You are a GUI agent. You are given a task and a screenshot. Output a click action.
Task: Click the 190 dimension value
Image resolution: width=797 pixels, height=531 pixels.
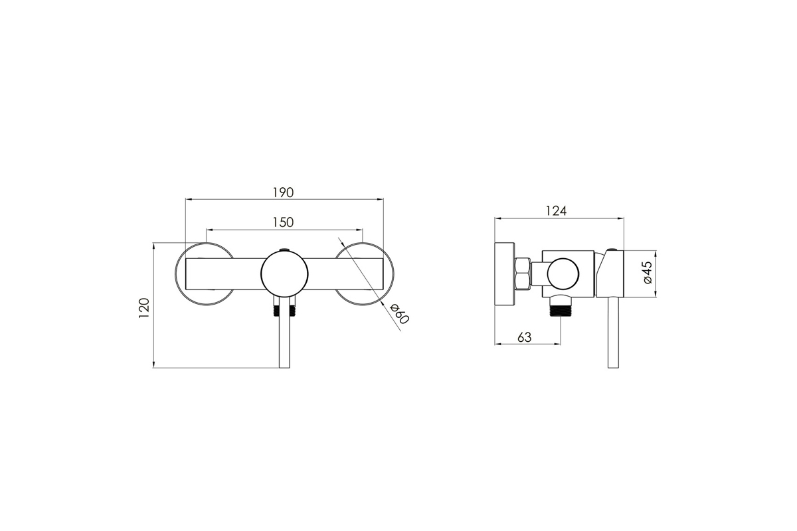[283, 192]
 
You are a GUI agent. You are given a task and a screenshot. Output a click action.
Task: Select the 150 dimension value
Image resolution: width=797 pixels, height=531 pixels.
[283, 222]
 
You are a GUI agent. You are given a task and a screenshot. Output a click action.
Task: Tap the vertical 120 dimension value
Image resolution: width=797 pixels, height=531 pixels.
[144, 308]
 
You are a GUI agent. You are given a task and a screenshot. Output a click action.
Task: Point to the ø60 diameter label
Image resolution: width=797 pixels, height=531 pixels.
[399, 313]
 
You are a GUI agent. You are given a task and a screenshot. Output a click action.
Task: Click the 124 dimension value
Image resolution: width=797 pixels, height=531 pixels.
[556, 211]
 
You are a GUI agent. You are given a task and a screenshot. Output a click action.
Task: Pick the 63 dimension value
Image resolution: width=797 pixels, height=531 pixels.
[524, 337]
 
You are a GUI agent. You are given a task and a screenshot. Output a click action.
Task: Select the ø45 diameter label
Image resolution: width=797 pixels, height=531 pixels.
[648, 272]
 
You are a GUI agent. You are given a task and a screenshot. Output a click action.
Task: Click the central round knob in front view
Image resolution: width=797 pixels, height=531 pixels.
[284, 273]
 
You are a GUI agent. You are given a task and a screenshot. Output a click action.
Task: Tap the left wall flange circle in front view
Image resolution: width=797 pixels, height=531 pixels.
[175, 274]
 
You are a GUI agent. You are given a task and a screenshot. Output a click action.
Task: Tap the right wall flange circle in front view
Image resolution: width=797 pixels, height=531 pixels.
[393, 274]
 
